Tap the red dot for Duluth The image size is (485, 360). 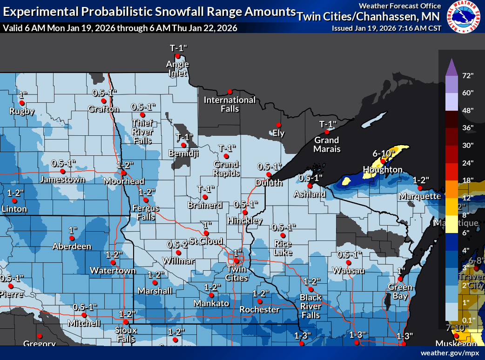point(269,174)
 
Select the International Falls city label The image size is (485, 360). point(229,104)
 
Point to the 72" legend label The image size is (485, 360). point(467,75)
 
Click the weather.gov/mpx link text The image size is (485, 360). point(450,353)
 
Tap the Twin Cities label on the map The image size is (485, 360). point(236,273)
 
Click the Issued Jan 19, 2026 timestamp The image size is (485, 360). point(386,28)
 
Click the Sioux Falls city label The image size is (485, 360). point(126,333)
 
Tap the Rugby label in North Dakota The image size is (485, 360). point(22,111)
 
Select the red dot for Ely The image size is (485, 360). point(278,125)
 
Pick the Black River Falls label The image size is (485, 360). point(310,306)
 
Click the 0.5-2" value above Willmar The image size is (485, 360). point(178,244)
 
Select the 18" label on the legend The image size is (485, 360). point(467,180)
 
